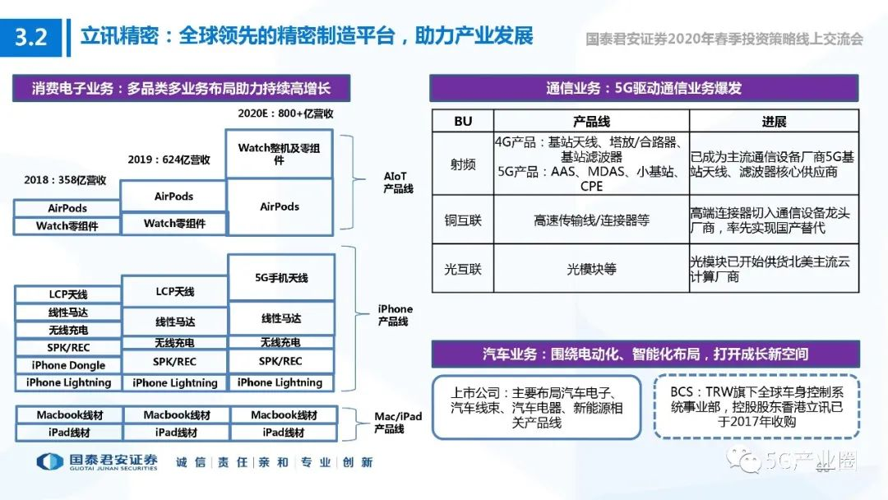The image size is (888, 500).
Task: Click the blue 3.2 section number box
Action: tap(31, 38)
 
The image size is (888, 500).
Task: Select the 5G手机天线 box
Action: tap(281, 278)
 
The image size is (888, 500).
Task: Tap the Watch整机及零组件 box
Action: tap(280, 154)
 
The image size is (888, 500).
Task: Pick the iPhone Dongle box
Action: tap(68, 365)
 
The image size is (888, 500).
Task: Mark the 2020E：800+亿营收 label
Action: tap(280, 114)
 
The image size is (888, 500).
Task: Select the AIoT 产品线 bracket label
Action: tap(399, 183)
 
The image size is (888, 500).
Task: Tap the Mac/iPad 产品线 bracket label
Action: tap(399, 423)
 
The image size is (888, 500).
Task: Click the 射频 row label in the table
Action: tap(463, 164)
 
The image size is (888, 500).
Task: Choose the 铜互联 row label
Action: tap(463, 220)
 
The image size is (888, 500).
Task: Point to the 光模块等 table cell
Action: tap(591, 269)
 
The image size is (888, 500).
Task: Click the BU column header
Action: tap(463, 121)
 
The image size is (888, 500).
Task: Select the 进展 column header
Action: tap(774, 121)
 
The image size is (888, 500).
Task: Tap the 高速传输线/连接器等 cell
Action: tap(591, 220)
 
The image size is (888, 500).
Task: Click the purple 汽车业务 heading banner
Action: tap(645, 354)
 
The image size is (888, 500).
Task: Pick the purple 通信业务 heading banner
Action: tap(645, 88)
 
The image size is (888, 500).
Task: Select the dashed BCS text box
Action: tap(756, 408)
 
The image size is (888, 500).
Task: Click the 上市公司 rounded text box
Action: tap(539, 408)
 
